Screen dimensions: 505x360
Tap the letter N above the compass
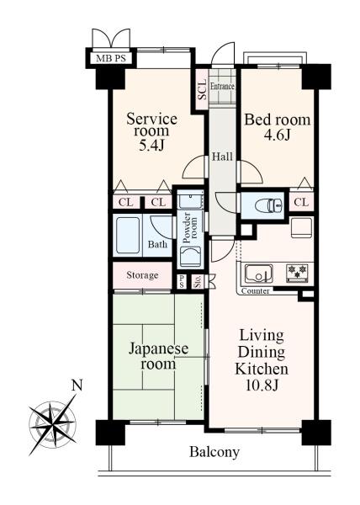77,386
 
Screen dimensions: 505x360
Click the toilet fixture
267,203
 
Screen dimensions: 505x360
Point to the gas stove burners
298,272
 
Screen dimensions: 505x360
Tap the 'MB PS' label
110,58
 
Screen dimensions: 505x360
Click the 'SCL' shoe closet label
202,89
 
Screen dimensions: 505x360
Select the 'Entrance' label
222,86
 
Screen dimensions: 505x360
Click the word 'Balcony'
214,452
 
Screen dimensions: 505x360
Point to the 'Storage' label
142,275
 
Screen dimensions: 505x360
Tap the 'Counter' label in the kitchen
254,291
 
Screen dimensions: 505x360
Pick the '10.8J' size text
261,386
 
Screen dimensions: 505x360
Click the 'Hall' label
222,157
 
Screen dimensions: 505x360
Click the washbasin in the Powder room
191,257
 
